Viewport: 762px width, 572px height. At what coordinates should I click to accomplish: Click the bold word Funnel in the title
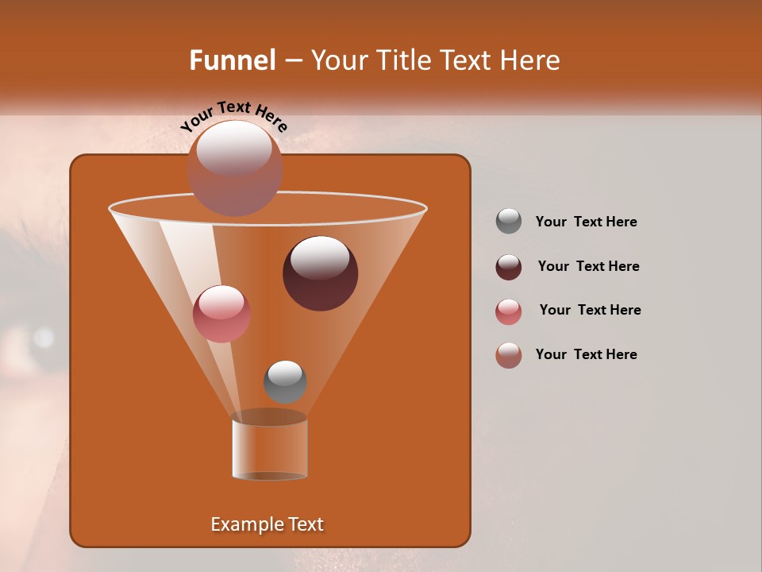(x=232, y=60)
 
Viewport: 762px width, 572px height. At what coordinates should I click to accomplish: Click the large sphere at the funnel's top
(x=234, y=168)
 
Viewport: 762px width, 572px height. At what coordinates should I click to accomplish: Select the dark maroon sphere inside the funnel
(x=320, y=272)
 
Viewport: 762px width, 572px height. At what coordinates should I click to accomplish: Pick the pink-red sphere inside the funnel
(x=221, y=314)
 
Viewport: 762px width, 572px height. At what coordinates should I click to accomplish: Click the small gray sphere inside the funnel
(x=285, y=381)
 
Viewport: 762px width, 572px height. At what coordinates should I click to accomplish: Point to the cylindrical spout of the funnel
(x=269, y=450)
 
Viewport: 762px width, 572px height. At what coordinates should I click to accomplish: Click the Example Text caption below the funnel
(x=267, y=524)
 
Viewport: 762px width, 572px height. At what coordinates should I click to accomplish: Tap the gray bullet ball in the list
(x=508, y=222)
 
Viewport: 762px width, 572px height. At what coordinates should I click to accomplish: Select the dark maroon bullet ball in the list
(x=508, y=266)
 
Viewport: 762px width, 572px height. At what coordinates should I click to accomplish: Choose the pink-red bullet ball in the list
(x=508, y=311)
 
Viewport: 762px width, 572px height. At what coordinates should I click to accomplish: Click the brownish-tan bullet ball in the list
(x=508, y=355)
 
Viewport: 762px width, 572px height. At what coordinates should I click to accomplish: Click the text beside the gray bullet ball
(x=586, y=222)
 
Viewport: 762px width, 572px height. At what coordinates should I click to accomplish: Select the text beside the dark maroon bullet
(x=588, y=267)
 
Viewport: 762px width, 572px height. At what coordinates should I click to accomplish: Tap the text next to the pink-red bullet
(x=590, y=311)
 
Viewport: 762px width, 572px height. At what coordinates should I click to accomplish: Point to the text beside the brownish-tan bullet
(x=586, y=354)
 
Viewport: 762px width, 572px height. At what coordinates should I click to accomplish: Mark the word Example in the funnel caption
(x=241, y=524)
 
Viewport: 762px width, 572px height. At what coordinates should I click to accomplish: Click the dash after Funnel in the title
(x=292, y=60)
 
